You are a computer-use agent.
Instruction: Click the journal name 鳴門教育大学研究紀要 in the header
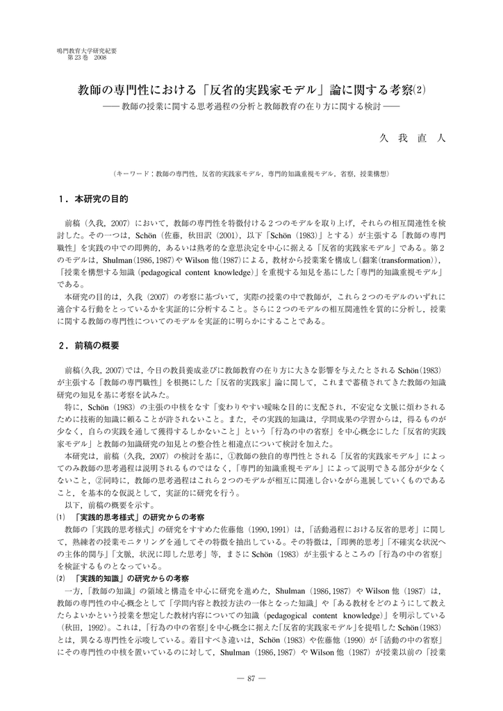click(x=86, y=51)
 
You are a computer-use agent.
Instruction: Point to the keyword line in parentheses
click(x=251, y=173)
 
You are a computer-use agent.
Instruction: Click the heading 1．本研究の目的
click(x=94, y=199)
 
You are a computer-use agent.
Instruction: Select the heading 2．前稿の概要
click(x=90, y=344)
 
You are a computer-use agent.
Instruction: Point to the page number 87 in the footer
click(x=251, y=678)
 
